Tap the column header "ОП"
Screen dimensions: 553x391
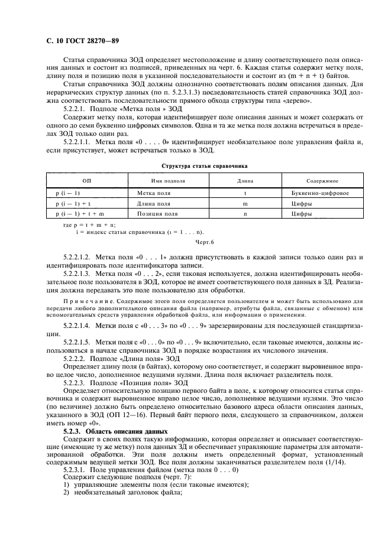point(87,181)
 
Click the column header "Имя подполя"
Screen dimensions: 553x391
point(164,181)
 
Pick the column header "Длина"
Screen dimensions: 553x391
point(245,181)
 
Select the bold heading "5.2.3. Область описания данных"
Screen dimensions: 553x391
point(106,432)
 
